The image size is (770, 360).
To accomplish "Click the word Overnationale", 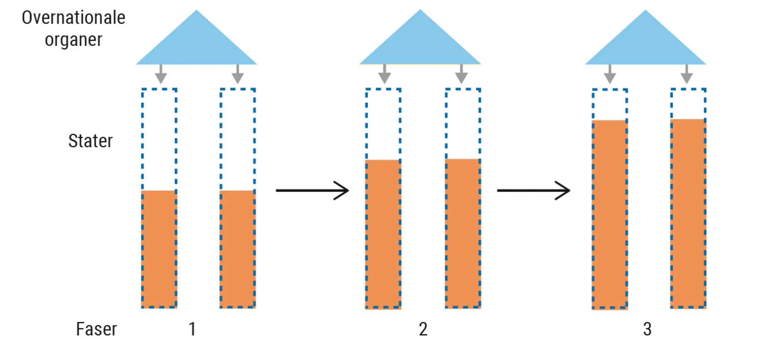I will point(74,18).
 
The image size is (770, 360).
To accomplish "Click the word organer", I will point(74,40).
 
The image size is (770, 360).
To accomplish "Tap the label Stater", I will point(90,141).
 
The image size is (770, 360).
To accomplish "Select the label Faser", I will point(96,329).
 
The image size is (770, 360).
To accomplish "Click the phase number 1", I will point(192,329).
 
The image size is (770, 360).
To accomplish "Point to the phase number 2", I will point(423,329).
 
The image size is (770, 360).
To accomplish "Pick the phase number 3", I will point(647,329).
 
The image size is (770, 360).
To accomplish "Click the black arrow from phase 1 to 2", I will point(312,190).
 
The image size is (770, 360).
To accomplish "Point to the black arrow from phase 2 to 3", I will point(533,190).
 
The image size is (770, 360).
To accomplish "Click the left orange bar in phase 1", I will point(159,249).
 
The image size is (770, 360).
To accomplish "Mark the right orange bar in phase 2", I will point(463,233).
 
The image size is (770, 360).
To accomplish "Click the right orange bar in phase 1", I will point(238,249).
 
